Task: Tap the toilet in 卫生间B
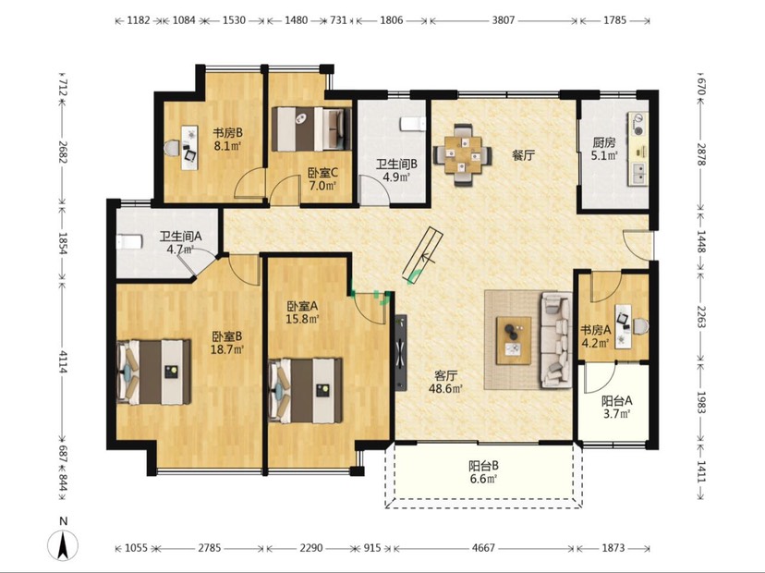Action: click(x=413, y=124)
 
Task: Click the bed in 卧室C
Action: click(x=311, y=128)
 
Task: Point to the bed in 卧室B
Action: click(x=153, y=372)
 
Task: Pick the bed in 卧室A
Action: click(x=305, y=391)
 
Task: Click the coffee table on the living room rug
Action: click(x=514, y=340)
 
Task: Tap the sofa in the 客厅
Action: click(x=555, y=340)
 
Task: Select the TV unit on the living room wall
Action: click(x=401, y=352)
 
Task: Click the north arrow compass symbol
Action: click(x=63, y=545)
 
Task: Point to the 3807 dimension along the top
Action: click(x=503, y=20)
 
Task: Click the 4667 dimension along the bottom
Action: click(x=483, y=548)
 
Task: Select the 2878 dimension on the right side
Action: click(x=701, y=154)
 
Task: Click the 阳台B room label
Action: click(x=483, y=466)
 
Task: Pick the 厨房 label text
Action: click(x=604, y=143)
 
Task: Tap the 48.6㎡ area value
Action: click(x=445, y=389)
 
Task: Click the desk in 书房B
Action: click(x=189, y=148)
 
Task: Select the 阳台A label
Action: click(x=616, y=401)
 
